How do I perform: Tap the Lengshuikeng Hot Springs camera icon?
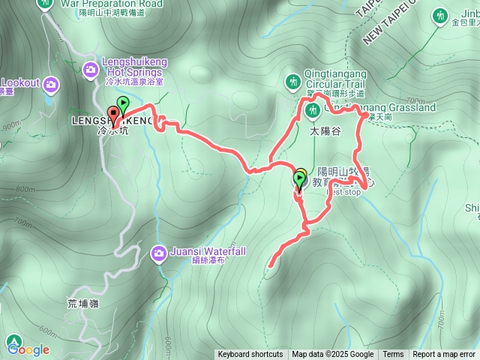pos(91,70)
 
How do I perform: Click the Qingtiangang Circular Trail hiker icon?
pos(292,80)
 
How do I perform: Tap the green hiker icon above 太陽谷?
pos(313,111)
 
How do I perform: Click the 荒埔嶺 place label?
pos(82,304)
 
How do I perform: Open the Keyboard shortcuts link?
pos(250,355)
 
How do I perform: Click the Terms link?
pos(393,355)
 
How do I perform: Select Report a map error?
pos(444,355)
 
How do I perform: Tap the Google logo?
pos(28,349)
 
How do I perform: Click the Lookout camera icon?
pos(51,82)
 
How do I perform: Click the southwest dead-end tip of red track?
pos(270,265)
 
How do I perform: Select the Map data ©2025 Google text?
pos(333,355)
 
